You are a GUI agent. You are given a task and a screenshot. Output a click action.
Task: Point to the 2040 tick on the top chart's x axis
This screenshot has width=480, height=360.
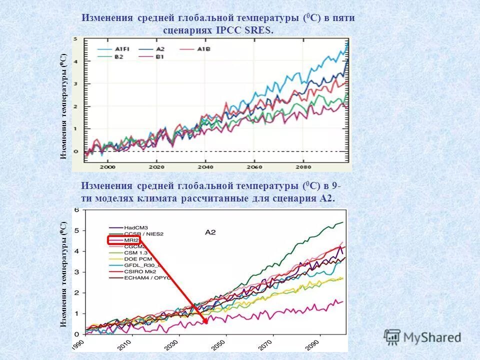[205, 166]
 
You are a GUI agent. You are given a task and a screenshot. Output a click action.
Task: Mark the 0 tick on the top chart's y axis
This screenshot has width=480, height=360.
[75, 151]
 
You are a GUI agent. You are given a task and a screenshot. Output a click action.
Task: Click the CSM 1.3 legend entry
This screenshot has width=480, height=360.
[134, 253]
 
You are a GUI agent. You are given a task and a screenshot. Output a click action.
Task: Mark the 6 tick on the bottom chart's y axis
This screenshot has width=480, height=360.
[76, 210]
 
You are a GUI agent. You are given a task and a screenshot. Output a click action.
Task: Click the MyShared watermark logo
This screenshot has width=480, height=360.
[422, 337]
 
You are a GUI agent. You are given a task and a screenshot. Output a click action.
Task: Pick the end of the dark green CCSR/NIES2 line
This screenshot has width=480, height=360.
[343, 222]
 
